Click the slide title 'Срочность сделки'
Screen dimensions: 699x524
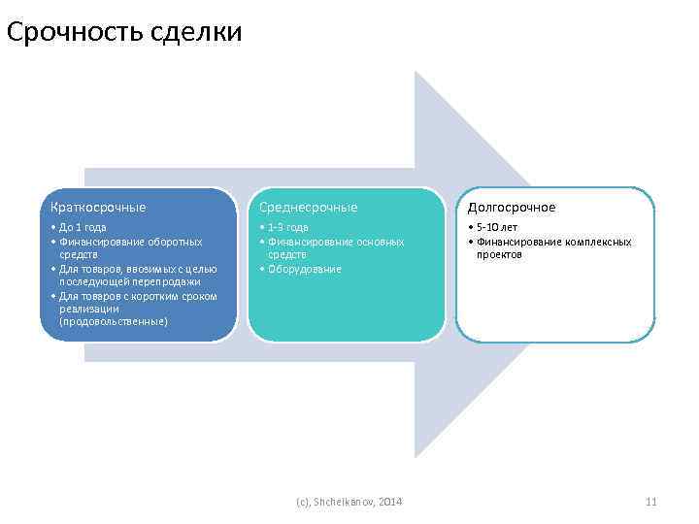click(123, 32)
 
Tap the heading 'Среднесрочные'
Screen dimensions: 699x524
click(307, 207)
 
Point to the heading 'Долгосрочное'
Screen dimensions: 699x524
click(512, 207)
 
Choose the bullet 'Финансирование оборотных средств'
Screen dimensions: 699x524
click(130, 247)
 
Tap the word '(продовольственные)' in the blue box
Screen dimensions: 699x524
click(113, 321)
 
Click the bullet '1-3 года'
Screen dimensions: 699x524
click(286, 227)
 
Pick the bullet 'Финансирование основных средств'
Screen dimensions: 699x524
click(335, 247)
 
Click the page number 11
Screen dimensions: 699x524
click(651, 501)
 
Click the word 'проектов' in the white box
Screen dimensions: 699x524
click(499, 254)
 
